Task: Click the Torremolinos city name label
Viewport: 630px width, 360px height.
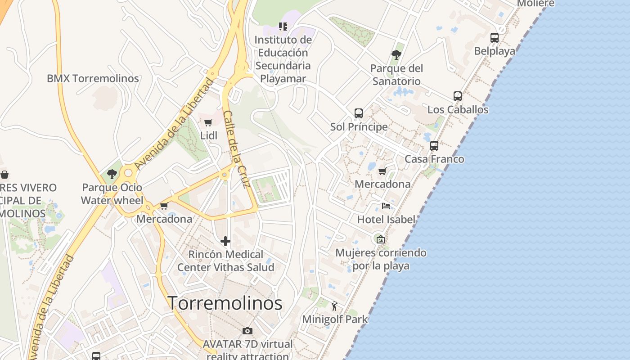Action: point(225,303)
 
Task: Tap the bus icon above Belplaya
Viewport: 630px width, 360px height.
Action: point(495,38)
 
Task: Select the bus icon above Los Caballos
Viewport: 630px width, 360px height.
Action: point(458,96)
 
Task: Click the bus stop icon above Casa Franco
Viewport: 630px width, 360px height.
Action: point(434,146)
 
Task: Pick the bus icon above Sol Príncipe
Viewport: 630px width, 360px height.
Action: point(359,113)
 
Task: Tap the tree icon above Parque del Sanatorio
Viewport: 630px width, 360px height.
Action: point(396,55)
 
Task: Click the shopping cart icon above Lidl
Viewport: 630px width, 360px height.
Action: point(208,122)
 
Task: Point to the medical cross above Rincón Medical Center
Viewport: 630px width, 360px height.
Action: point(225,241)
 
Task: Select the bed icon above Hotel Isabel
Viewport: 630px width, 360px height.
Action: point(386,206)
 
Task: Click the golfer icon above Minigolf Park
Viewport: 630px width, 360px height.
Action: point(334,306)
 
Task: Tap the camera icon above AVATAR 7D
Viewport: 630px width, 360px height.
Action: point(247,331)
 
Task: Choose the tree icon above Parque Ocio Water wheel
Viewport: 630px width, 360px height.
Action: point(112,174)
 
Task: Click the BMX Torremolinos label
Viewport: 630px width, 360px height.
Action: point(93,78)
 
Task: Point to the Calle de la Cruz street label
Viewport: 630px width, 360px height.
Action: point(237,149)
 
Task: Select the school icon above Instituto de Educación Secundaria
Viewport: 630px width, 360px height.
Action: point(283,27)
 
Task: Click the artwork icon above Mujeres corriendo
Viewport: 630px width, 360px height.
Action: point(381,239)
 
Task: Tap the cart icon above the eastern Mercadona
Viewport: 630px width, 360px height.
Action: point(382,171)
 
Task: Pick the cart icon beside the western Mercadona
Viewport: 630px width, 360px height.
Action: point(164,206)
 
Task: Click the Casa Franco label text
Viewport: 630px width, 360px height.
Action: point(434,159)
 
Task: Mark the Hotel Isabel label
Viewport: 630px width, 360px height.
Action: point(386,220)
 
